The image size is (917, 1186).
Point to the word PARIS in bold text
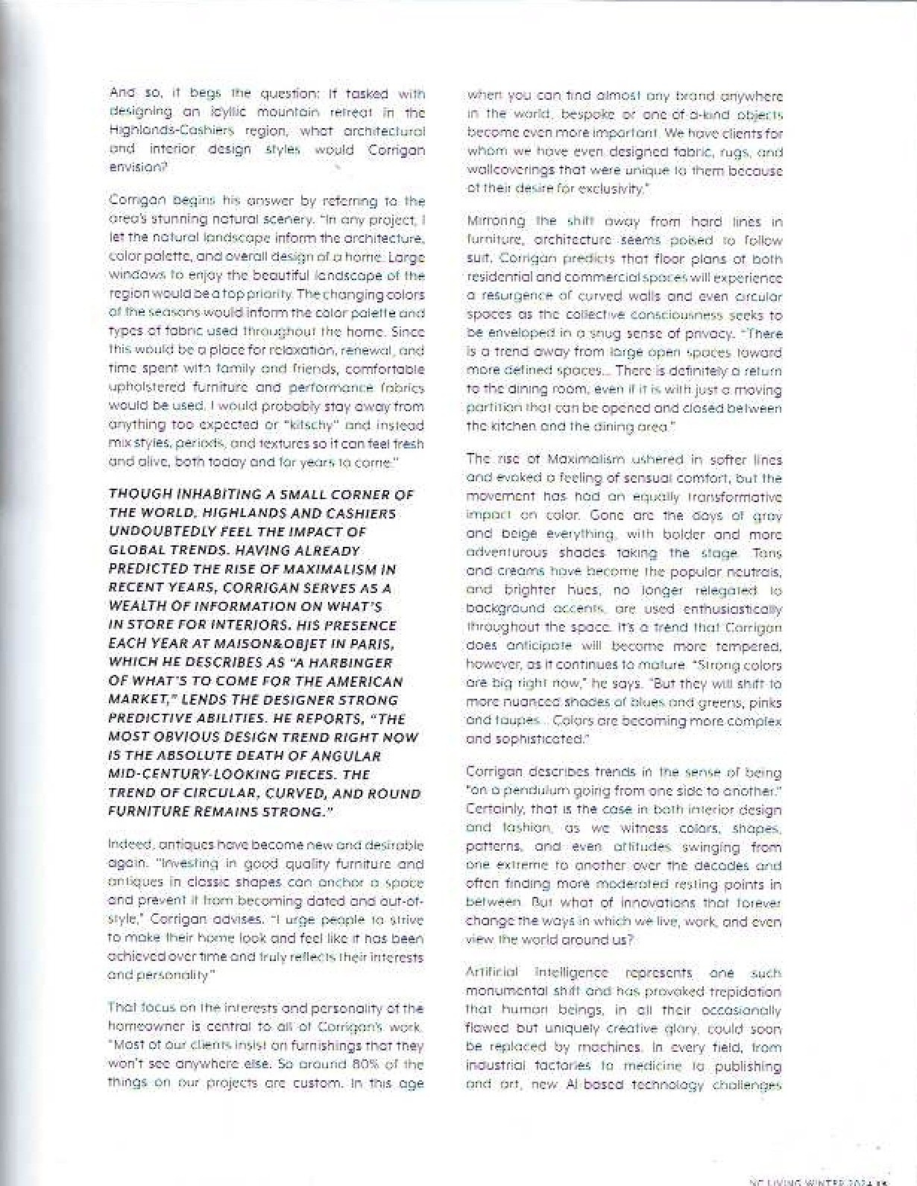click(x=375, y=644)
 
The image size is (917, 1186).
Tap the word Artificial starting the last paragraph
click(x=491, y=973)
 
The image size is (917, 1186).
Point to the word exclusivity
click(x=611, y=189)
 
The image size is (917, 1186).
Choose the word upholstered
click(x=145, y=388)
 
